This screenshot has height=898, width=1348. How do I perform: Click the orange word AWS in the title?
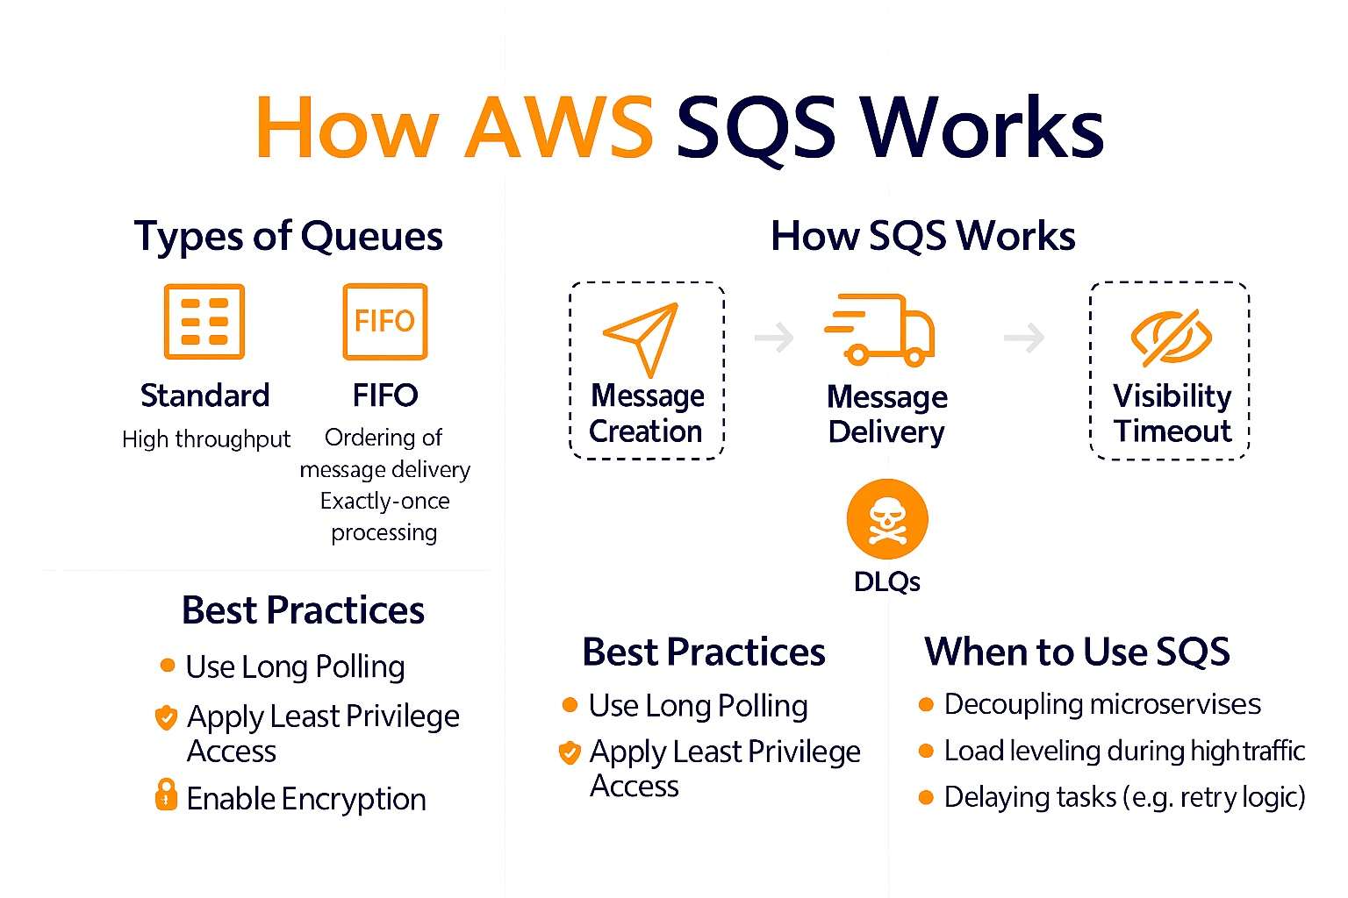point(559,128)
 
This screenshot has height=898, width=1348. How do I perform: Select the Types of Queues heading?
point(288,236)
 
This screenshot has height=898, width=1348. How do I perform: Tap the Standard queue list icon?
point(204,321)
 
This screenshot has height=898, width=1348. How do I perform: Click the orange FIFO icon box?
point(384,321)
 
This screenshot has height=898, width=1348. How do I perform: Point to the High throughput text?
point(206,438)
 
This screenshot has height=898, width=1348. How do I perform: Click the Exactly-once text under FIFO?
point(384,501)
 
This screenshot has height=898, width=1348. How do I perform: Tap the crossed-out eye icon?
point(1171,338)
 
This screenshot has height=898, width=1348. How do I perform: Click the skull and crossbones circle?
point(886,519)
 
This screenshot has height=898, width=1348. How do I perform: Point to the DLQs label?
point(886,581)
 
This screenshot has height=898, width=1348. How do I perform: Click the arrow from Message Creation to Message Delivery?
point(774,337)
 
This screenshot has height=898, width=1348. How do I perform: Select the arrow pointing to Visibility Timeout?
point(1024,337)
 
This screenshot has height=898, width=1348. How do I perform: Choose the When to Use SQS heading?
point(1077,652)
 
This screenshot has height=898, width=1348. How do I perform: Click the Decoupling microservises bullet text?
point(1102,704)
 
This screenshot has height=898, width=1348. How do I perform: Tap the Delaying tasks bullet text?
point(1124,797)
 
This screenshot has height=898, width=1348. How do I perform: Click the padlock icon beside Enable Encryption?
point(166,795)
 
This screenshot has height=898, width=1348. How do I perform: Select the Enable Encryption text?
point(306,799)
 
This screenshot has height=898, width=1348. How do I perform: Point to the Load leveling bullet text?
point(1124,751)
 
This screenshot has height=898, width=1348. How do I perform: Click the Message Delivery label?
point(886,414)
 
